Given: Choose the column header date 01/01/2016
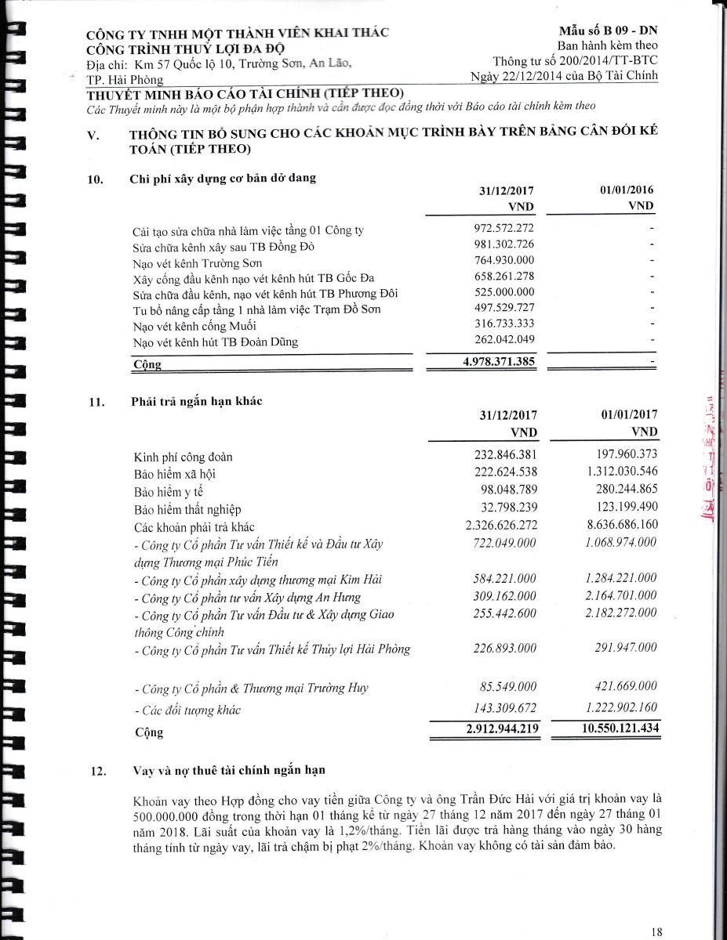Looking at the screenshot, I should (626, 190).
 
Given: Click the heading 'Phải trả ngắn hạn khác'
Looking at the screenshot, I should (196, 402).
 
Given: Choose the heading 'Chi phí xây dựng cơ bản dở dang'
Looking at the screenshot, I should (223, 178).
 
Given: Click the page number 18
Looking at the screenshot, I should (656, 932).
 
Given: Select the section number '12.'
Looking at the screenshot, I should (98, 771).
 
